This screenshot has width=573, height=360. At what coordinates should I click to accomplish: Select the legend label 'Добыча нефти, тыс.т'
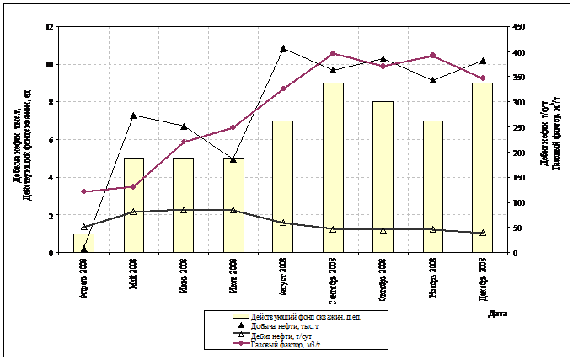[x=292, y=325]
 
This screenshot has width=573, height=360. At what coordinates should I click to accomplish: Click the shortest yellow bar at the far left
[x=84, y=243]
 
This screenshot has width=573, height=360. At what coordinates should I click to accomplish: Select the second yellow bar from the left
[x=134, y=205]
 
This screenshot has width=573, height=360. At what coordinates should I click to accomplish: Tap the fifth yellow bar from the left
[x=283, y=186]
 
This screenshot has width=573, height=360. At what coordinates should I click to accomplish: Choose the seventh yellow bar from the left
[x=383, y=177]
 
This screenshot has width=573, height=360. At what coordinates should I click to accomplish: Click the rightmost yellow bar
[x=482, y=168]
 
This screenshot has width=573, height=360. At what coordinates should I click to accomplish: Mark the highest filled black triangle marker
[x=283, y=48]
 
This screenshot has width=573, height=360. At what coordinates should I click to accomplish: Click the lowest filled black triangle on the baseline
[x=84, y=249]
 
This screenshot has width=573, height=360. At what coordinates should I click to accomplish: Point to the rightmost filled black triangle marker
[x=483, y=61]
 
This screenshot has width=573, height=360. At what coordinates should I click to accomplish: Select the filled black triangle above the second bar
[x=134, y=115]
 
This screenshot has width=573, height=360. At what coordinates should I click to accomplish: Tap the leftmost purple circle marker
[x=84, y=191]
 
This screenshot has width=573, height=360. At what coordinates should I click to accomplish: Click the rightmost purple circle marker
[x=483, y=78]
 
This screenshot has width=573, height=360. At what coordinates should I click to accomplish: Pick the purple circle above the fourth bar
[x=233, y=127]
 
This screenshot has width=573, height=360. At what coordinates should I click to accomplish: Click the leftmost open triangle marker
[x=84, y=227]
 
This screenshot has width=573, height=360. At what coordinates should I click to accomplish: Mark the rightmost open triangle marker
[x=483, y=233]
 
